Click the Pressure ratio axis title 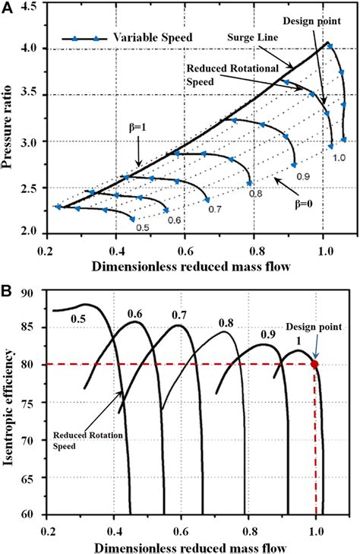[11, 118]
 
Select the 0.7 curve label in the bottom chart [180, 314]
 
